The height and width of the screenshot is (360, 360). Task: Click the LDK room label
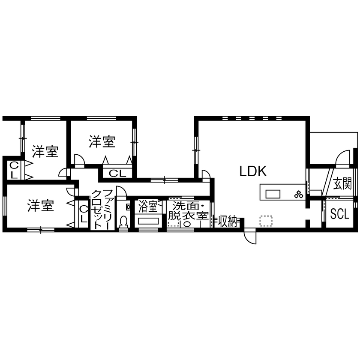253,171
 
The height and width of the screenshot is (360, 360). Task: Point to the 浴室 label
148,207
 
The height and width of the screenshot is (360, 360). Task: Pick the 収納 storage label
228,221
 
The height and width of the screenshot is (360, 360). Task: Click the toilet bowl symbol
124,222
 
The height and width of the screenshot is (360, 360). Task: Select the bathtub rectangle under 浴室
148,222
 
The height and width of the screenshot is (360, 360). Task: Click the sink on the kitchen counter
273,194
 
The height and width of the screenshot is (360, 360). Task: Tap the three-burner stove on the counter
298,194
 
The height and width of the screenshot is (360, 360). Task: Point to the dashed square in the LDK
266,221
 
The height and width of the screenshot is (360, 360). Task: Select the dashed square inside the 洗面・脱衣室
173,223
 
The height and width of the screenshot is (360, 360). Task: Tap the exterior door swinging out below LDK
249,236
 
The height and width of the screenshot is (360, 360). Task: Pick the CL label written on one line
117,174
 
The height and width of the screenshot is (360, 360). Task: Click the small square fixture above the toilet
127,207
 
